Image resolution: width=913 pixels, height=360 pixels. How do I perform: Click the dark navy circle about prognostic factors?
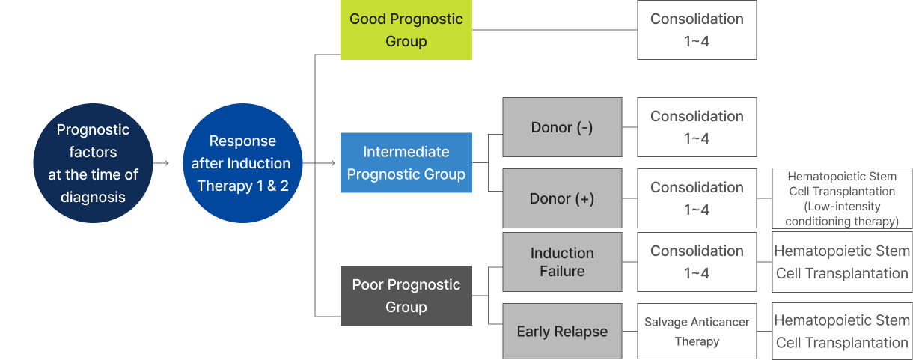[x=93, y=163]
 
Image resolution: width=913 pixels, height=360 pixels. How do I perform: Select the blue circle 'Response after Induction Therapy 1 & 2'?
[x=242, y=163]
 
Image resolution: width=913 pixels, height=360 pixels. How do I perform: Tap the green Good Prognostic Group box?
[x=406, y=30]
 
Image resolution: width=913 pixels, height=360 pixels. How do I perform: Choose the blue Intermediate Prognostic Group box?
[x=406, y=163]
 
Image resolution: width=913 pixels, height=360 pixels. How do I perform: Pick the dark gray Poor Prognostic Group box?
[x=406, y=296]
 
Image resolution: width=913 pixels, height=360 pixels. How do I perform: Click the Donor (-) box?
[x=562, y=127]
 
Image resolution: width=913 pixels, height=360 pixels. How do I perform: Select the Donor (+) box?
[x=562, y=198]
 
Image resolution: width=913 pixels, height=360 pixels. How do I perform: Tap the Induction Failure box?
[x=562, y=262]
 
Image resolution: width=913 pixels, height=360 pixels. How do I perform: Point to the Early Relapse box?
[x=562, y=331]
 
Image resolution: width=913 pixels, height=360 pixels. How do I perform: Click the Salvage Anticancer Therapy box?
[x=697, y=331]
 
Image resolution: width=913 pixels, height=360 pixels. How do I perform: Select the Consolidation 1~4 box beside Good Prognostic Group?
[x=697, y=30]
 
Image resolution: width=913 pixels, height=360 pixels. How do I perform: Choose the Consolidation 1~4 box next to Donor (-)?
[x=697, y=127]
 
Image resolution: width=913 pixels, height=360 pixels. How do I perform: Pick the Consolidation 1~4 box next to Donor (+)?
[x=697, y=198]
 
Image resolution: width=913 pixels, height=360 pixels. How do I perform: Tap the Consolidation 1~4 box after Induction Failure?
[x=697, y=262]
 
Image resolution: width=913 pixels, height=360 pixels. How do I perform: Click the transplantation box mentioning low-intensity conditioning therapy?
[x=842, y=198]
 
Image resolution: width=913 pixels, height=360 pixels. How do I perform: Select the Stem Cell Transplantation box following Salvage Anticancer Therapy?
[x=842, y=331]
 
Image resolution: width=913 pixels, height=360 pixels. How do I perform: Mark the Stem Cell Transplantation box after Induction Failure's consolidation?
[x=842, y=262]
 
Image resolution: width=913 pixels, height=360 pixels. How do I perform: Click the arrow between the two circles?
[x=160, y=163]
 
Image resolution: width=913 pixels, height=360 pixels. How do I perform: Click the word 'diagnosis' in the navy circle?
[x=93, y=198]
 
